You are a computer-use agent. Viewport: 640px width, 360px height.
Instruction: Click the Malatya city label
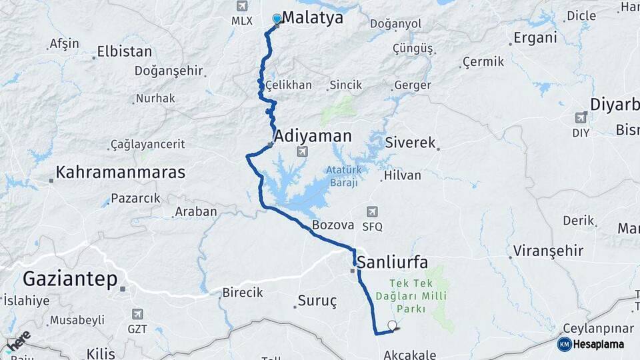(x=313, y=18)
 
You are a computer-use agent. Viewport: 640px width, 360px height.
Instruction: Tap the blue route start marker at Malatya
(x=277, y=19)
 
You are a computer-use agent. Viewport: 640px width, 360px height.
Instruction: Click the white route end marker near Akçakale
(x=392, y=325)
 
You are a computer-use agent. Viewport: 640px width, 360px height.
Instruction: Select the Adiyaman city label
(x=313, y=136)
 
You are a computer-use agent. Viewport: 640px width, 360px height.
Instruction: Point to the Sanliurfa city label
(x=393, y=261)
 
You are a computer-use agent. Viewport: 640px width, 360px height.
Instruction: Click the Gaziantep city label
(x=70, y=279)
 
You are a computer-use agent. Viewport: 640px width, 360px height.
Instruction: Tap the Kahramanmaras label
(x=120, y=172)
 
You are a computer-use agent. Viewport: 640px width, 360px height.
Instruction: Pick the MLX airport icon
(x=242, y=7)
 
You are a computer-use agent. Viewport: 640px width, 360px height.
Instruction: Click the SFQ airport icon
(x=372, y=212)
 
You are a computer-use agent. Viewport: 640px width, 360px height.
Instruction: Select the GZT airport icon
(x=137, y=313)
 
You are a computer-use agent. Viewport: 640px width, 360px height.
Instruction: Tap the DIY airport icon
(x=581, y=118)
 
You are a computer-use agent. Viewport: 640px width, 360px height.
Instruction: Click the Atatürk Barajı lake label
(x=343, y=176)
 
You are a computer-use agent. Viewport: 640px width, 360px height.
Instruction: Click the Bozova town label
(x=332, y=225)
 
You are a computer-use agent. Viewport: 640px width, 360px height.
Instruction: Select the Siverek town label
(x=410, y=143)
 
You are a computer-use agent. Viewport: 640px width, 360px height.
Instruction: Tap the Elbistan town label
(x=124, y=51)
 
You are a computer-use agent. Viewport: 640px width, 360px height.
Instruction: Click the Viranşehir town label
(x=548, y=251)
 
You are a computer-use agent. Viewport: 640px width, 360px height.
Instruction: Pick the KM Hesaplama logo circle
(x=564, y=344)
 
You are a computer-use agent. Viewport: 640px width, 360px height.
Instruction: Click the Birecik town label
(x=242, y=293)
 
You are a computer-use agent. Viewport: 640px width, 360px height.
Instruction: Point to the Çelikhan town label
(x=288, y=85)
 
